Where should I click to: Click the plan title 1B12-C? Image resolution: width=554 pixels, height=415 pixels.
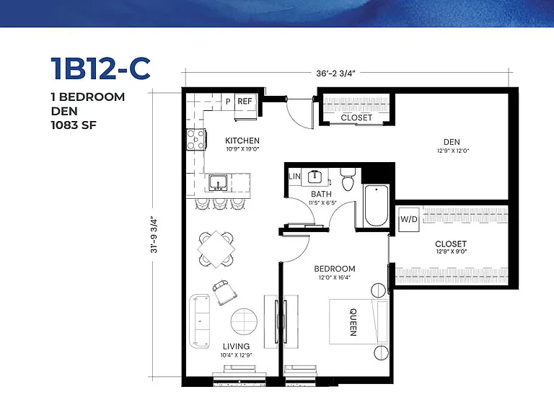click(x=101, y=68)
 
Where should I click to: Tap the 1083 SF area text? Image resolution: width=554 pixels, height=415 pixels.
click(x=74, y=125)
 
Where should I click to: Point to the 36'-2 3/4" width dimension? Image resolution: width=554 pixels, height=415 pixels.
click(x=335, y=73)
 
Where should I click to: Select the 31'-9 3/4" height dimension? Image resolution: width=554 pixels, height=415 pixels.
click(x=154, y=234)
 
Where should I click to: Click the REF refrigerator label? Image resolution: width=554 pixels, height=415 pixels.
click(x=245, y=102)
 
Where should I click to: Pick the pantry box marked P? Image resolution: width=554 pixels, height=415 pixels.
click(x=228, y=102)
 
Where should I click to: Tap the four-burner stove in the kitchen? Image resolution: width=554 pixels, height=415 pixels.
click(x=195, y=140)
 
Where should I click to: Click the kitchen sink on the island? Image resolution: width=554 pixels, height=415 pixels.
click(x=218, y=182)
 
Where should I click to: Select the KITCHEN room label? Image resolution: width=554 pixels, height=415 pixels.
click(x=242, y=140)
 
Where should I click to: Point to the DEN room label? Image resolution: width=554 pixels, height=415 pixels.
click(x=452, y=142)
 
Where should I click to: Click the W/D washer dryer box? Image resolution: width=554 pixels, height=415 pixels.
click(x=409, y=219)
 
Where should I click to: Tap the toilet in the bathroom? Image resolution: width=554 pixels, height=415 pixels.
click(x=348, y=179)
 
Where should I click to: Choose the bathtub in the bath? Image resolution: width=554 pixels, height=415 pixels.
click(x=377, y=205)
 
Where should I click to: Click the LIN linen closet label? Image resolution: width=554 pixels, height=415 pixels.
click(x=294, y=176)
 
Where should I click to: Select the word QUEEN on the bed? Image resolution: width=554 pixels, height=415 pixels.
click(x=353, y=322)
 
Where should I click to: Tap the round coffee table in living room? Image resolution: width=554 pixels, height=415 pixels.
click(x=244, y=321)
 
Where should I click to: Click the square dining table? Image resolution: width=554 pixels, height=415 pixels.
click(x=216, y=249)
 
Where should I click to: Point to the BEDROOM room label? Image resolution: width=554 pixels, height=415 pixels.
click(x=335, y=269)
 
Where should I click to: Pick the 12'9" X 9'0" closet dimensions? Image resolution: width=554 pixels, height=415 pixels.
click(x=452, y=251)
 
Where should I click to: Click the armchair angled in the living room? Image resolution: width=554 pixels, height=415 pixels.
click(x=224, y=293)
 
